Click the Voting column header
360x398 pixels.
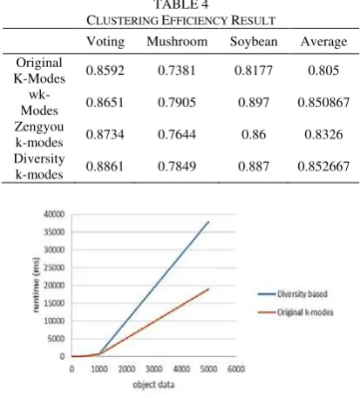tap(105, 42)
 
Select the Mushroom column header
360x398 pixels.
tap(177, 42)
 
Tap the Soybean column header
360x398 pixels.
tap(254, 42)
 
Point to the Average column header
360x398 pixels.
tap(323, 42)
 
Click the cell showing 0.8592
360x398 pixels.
tap(105, 71)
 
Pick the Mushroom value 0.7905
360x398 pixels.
tap(177, 103)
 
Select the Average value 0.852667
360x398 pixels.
tap(323, 166)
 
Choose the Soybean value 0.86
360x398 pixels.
tap(254, 134)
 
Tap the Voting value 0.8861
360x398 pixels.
tap(105, 166)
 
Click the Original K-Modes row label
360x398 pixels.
tap(39, 71)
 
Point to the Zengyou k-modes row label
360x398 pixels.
tap(39, 134)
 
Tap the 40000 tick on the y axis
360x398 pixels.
tap(54, 214)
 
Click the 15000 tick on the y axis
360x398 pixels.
tap(54, 303)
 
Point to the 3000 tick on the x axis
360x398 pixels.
tap(154, 368)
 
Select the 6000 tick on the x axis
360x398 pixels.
tap(236, 368)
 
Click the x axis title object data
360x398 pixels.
tap(153, 385)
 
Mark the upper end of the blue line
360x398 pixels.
tap(208, 222)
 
